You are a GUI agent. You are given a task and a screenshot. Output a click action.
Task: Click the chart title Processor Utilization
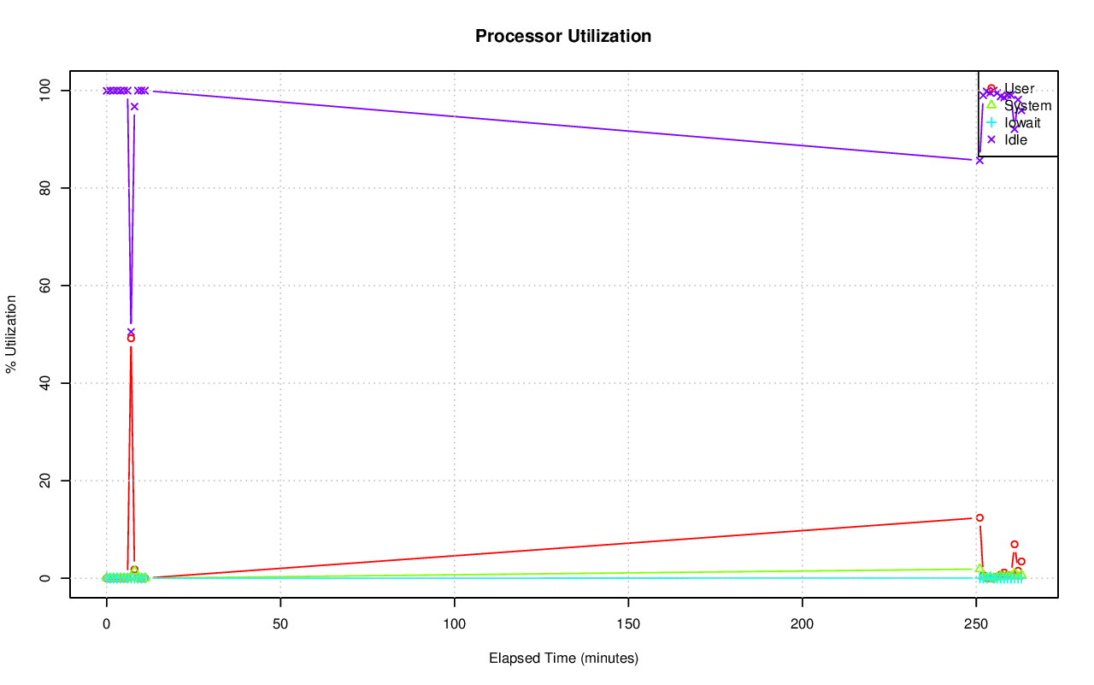pyautogui.click(x=563, y=36)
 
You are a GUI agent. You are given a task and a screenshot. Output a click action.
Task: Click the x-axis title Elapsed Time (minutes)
pyautogui.click(x=563, y=658)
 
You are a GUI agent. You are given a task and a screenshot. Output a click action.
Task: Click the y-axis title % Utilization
pyautogui.click(x=12, y=334)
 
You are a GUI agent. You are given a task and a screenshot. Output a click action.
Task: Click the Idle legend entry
pyautogui.click(x=1015, y=139)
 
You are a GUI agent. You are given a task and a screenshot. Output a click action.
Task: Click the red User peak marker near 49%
pyautogui.click(x=131, y=338)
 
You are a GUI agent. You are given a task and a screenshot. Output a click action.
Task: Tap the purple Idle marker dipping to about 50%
pyautogui.click(x=131, y=332)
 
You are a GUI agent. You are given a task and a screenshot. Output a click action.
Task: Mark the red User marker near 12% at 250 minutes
pyautogui.click(x=979, y=517)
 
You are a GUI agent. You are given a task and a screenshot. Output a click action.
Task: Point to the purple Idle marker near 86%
pyautogui.click(x=979, y=160)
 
